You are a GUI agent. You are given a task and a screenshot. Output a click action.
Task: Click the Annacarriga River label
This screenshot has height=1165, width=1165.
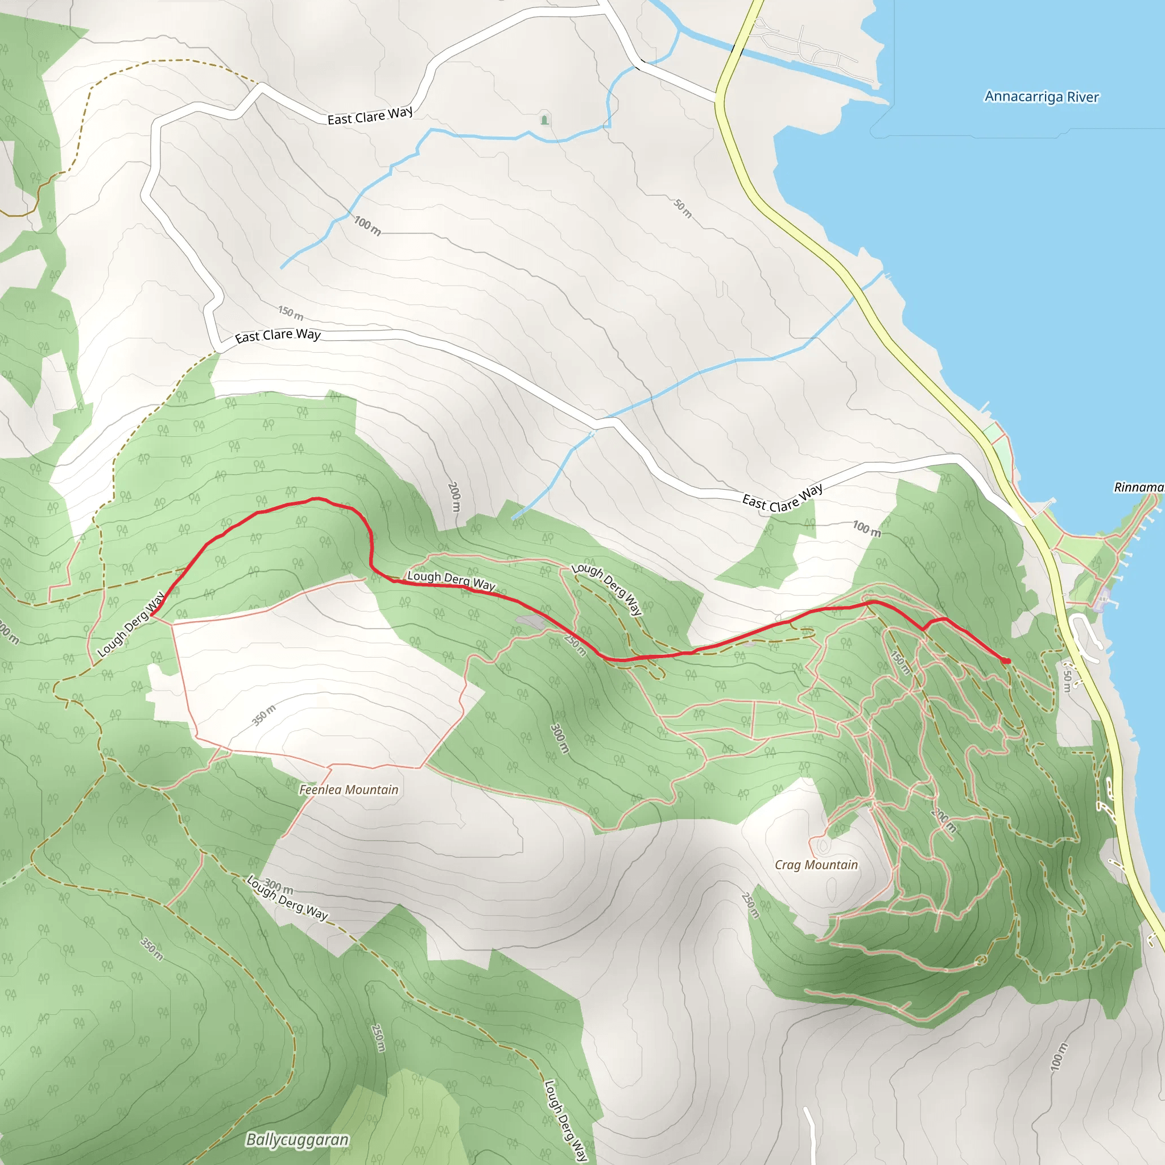(1042, 97)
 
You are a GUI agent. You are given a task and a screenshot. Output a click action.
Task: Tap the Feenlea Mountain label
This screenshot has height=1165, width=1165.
(349, 790)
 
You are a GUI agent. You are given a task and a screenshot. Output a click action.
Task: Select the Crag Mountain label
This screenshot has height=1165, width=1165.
(816, 865)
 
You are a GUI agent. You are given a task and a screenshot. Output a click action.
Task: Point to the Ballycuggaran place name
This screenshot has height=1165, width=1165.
(298, 1139)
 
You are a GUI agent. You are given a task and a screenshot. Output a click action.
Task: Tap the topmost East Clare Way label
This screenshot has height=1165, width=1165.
(370, 115)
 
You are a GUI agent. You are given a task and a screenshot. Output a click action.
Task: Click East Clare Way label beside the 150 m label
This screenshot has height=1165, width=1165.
(278, 335)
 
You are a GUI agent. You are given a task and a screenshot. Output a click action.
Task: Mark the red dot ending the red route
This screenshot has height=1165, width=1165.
(1006, 661)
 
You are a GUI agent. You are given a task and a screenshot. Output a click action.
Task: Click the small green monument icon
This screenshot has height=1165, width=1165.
(544, 119)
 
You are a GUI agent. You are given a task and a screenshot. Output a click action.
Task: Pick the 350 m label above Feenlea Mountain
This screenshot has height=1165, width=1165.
(263, 714)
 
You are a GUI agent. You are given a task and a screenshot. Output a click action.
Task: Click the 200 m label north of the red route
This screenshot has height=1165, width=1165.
(454, 497)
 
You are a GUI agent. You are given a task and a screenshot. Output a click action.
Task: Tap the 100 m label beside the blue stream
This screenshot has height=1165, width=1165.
(367, 226)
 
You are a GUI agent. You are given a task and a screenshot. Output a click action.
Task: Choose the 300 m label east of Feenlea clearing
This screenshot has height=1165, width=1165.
(560, 738)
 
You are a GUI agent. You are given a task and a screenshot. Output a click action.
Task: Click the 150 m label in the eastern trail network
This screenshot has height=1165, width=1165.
(900, 662)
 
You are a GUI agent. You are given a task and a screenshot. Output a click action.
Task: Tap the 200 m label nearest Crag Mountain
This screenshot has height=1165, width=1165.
(944, 820)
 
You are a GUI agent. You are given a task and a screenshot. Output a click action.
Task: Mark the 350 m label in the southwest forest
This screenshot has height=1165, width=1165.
(151, 948)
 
